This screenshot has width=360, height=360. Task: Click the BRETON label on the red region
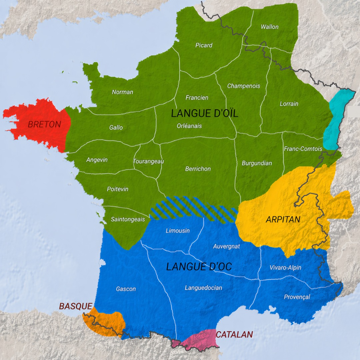(x=44, y=124)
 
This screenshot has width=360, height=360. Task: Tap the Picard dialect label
(x=204, y=45)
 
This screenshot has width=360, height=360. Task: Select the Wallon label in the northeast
(x=270, y=27)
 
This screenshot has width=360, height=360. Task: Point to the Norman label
(x=122, y=92)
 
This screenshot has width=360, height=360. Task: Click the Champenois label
(x=244, y=86)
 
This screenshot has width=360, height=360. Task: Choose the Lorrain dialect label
(x=289, y=104)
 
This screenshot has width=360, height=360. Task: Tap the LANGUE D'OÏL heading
(x=205, y=113)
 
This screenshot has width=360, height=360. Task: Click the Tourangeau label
(x=148, y=161)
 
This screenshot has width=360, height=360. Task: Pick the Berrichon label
(x=198, y=169)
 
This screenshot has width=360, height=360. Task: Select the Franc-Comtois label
(x=303, y=149)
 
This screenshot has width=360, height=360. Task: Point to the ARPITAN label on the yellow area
(x=283, y=220)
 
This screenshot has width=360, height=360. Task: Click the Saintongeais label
(x=128, y=219)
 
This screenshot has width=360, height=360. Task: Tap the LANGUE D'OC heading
(x=199, y=267)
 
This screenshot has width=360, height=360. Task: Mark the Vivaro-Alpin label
(x=285, y=268)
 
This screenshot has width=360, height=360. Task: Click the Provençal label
(x=297, y=297)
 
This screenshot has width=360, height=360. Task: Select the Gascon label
(x=126, y=289)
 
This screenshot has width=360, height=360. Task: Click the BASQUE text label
(x=76, y=306)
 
